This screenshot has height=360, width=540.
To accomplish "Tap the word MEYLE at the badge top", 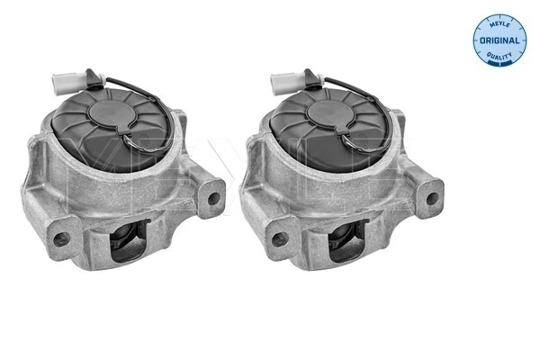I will [499, 22].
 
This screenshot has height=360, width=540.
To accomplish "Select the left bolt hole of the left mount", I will [61, 239].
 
